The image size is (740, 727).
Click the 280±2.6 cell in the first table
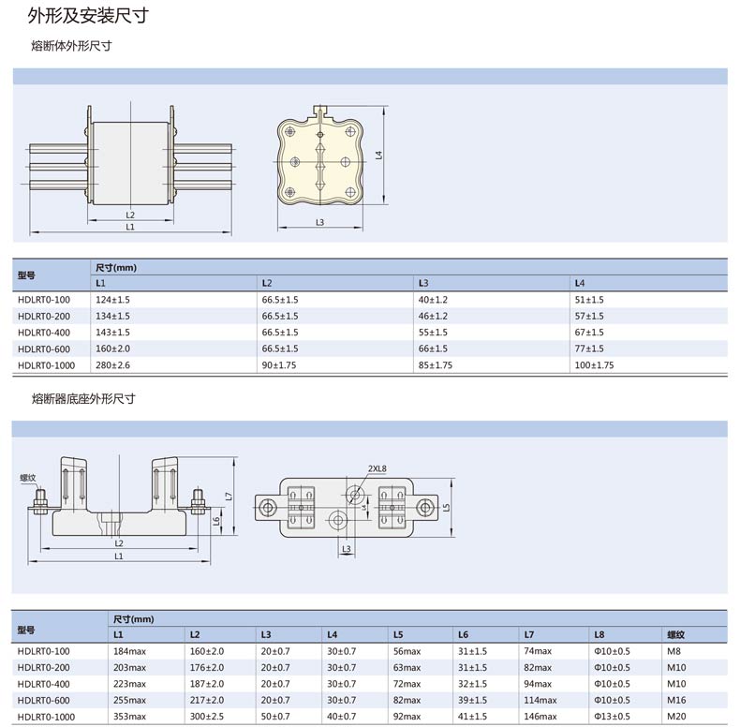pyautogui.click(x=112, y=365)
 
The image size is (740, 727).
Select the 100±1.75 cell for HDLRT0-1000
pyautogui.click(x=594, y=365)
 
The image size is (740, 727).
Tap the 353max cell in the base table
pyautogui.click(x=129, y=716)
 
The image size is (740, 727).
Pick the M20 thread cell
pyautogui.click(x=676, y=716)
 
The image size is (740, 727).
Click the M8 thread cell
pyautogui.click(x=673, y=651)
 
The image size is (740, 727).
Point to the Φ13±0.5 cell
pyautogui.click(x=612, y=716)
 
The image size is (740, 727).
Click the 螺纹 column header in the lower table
pyautogui.click(x=675, y=635)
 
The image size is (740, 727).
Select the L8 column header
pyautogui.click(x=599, y=635)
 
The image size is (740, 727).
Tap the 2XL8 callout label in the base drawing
pyautogui.click(x=377, y=468)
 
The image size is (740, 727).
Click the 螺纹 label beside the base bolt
pyautogui.click(x=28, y=477)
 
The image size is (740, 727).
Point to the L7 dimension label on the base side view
pyautogui.click(x=229, y=497)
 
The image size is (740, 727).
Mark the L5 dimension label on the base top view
pyautogui.click(x=447, y=508)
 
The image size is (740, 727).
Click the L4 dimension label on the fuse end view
pyautogui.click(x=378, y=155)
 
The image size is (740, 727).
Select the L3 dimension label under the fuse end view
pyautogui.click(x=320, y=222)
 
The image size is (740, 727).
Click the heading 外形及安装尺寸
pyautogui.click(x=88, y=16)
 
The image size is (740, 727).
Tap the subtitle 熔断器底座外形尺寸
pyautogui.click(x=83, y=399)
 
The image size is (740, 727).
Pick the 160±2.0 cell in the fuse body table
pyautogui.click(x=112, y=349)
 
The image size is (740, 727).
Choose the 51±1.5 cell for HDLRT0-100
pyautogui.click(x=589, y=299)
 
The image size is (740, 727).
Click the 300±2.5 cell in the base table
pyautogui.click(x=207, y=716)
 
